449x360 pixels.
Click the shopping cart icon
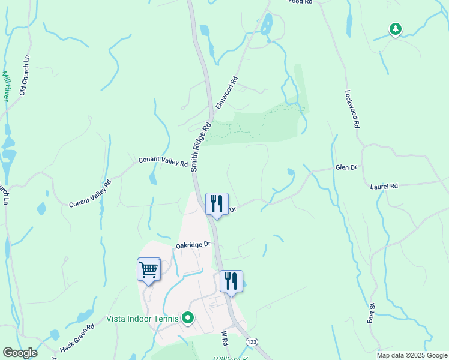(x=148, y=269)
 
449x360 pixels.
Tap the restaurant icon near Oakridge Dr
(x=231, y=281)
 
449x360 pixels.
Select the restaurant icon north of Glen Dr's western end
(x=217, y=203)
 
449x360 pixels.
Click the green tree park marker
(x=395, y=28)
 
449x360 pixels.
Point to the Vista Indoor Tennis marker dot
(x=188, y=318)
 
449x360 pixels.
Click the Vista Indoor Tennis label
(x=143, y=319)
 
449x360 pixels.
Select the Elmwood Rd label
(x=227, y=92)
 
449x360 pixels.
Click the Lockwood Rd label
(x=352, y=109)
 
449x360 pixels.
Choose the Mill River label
(x=7, y=86)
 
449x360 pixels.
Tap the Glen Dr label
(x=346, y=167)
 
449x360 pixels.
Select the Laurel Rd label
(x=384, y=187)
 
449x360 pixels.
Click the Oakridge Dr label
(x=193, y=244)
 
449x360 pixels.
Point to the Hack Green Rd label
(x=77, y=339)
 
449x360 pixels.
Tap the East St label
(x=372, y=315)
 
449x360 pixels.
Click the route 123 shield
(x=252, y=341)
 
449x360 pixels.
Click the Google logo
(x=20, y=353)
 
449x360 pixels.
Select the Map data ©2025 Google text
(x=411, y=355)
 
